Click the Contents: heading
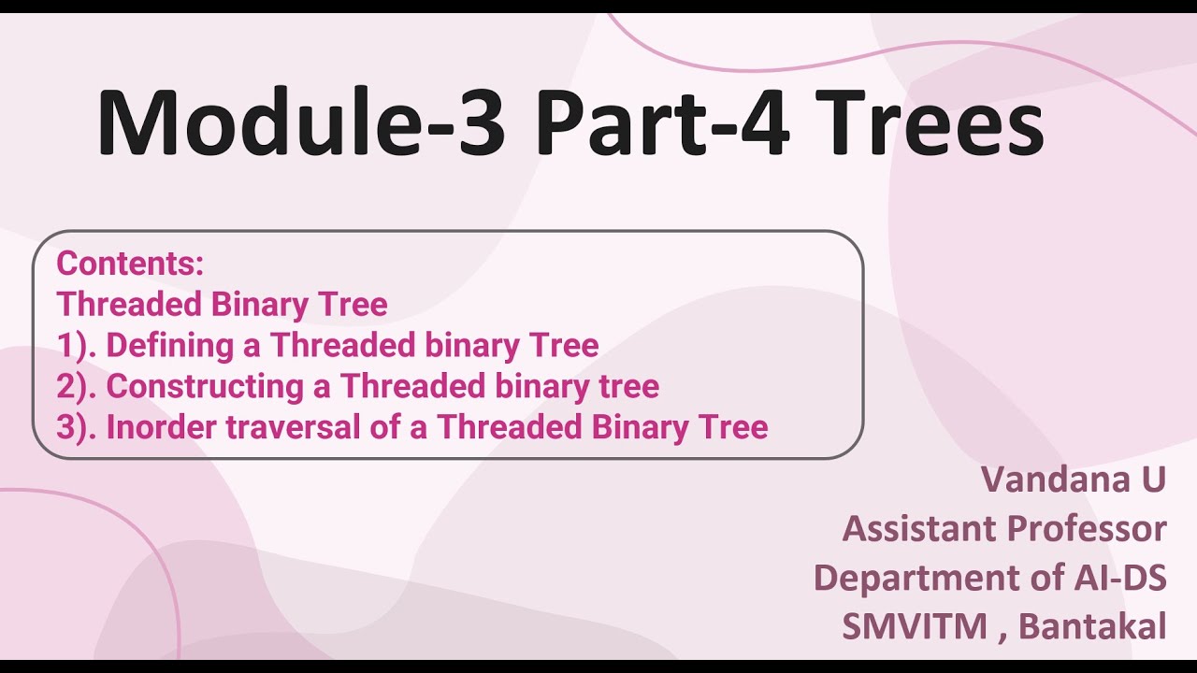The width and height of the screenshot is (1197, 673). click(x=130, y=264)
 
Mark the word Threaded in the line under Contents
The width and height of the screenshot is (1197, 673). click(x=130, y=305)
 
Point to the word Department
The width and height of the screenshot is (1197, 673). click(x=901, y=578)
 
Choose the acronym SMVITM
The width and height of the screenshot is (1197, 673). click(x=914, y=626)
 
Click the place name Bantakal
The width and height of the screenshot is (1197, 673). click(x=1092, y=626)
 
